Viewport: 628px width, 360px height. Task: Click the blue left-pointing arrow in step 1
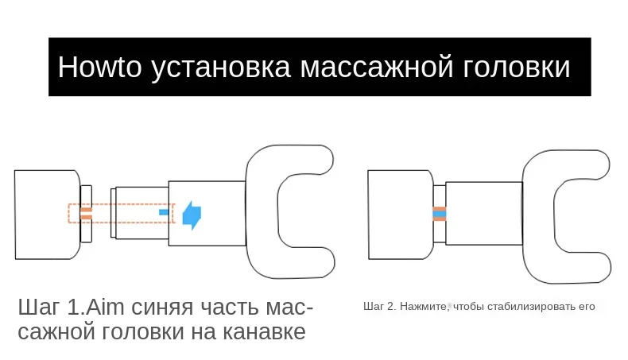tap(192, 215)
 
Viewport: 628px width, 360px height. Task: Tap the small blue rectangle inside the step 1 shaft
tap(165, 213)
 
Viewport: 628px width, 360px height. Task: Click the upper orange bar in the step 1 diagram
tap(87, 210)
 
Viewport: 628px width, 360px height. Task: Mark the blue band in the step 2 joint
tap(439, 214)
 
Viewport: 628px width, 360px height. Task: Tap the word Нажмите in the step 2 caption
tap(423, 306)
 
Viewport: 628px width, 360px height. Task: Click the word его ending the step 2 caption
tap(586, 306)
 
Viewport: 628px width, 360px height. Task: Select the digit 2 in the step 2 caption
tap(390, 306)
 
